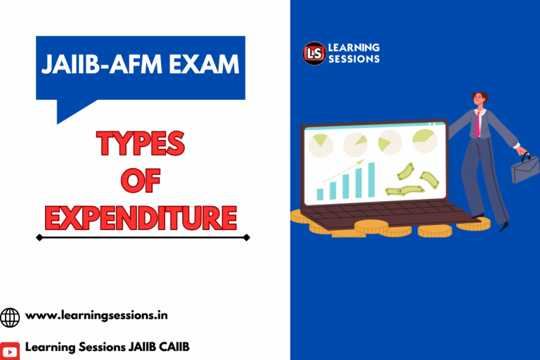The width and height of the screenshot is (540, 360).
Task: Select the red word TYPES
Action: click(141, 145)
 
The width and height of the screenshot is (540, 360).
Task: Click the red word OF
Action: click(141, 181)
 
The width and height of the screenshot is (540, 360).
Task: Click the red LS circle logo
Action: click(314, 53)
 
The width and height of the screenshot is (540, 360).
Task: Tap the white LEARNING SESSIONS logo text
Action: click(354, 53)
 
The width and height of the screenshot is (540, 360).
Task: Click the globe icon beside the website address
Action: click(10, 317)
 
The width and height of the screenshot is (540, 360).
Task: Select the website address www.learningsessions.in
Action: click(96, 316)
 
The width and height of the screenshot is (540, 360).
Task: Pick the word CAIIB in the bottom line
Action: click(172, 347)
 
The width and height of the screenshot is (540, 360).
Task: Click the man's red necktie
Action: click(478, 124)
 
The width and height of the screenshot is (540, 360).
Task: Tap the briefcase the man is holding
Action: click(525, 168)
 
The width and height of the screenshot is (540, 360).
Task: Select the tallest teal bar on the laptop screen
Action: click(371, 179)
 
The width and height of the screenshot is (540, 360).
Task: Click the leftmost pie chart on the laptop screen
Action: click(321, 145)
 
